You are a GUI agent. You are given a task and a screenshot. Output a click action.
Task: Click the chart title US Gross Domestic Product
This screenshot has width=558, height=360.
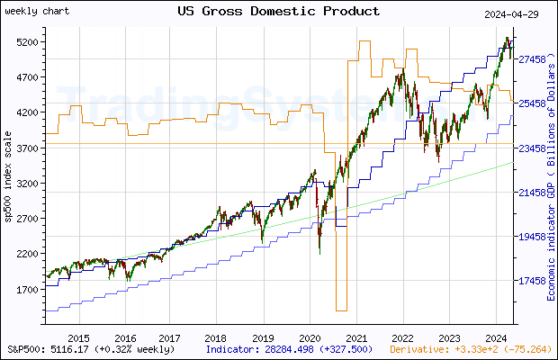[279, 11]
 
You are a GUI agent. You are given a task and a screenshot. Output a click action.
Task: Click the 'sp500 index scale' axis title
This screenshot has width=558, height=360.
[8, 180]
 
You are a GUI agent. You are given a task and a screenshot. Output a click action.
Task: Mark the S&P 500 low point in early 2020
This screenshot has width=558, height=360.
[319, 253]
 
